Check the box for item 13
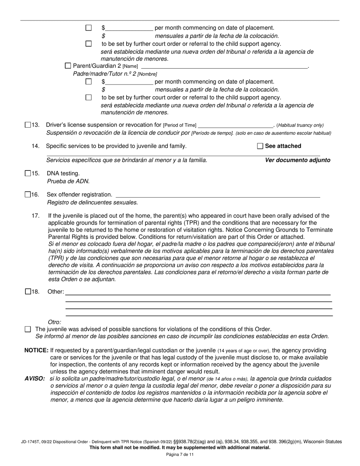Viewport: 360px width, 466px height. [x=28, y=125]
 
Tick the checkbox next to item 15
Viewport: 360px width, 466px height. [x=28, y=174]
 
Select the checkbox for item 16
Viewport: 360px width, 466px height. [x=28, y=195]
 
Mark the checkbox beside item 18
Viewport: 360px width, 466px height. [x=28, y=292]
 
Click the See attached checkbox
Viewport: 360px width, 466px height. [x=260, y=146]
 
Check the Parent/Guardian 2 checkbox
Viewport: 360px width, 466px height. [x=68, y=66]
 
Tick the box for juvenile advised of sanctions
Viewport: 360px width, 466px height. [x=28, y=330]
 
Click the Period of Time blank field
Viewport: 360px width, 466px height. [x=235, y=125]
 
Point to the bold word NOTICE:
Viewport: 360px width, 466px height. [x=36, y=350]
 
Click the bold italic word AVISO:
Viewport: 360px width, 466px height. [x=35, y=379]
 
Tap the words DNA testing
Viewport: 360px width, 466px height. [x=63, y=174]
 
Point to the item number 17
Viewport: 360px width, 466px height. [x=36, y=216]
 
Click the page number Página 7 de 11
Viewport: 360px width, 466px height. [x=180, y=455]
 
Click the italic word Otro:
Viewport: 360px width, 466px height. [x=55, y=322]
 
